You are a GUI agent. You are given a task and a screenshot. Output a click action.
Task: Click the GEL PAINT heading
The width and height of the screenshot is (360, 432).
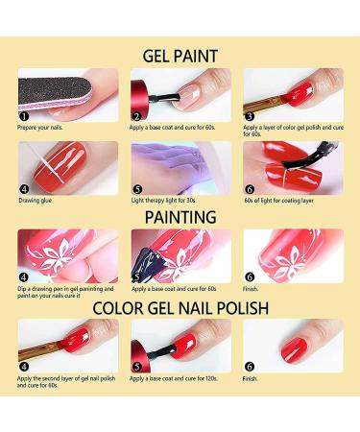tap(180, 55)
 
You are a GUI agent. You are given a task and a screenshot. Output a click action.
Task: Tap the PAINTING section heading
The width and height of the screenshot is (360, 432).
tap(180, 218)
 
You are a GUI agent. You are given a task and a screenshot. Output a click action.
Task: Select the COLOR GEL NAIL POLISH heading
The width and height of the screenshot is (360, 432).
tap(180, 308)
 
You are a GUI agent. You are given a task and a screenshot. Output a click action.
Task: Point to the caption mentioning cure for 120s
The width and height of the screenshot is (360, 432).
tap(178, 378)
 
